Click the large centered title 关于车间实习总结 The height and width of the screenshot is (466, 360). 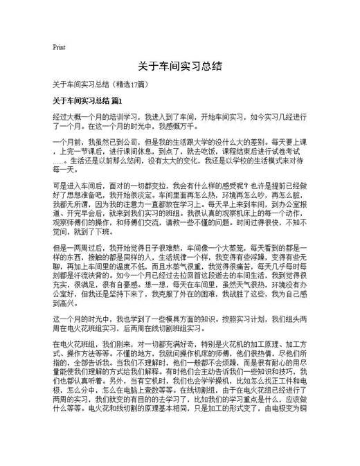pos(179,66)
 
